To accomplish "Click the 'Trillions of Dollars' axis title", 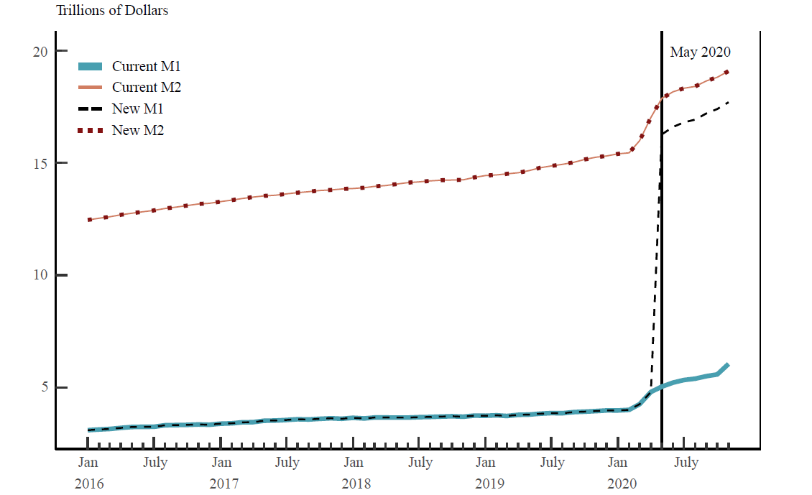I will [112, 11].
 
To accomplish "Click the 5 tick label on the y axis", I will [42, 387].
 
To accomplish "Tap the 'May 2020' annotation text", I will [700, 52].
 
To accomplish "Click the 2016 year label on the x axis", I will [89, 484].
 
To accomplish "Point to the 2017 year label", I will [223, 484].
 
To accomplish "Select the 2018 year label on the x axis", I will [356, 484].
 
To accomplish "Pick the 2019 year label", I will [489, 484].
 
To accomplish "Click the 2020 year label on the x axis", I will [622, 484].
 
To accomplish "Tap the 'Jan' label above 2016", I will [88, 462].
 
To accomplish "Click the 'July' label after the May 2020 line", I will [686, 462].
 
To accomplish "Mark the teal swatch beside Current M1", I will [90, 67].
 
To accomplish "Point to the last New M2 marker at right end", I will [727, 72].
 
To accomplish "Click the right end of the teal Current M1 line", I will [728, 365].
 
